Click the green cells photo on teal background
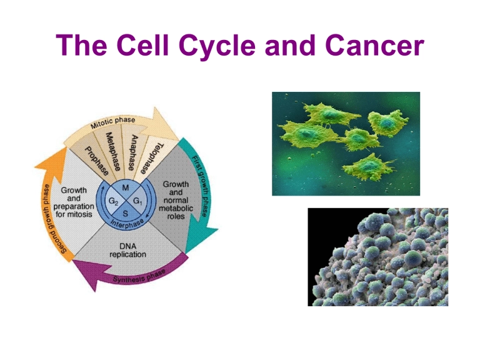coord(346,144)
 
